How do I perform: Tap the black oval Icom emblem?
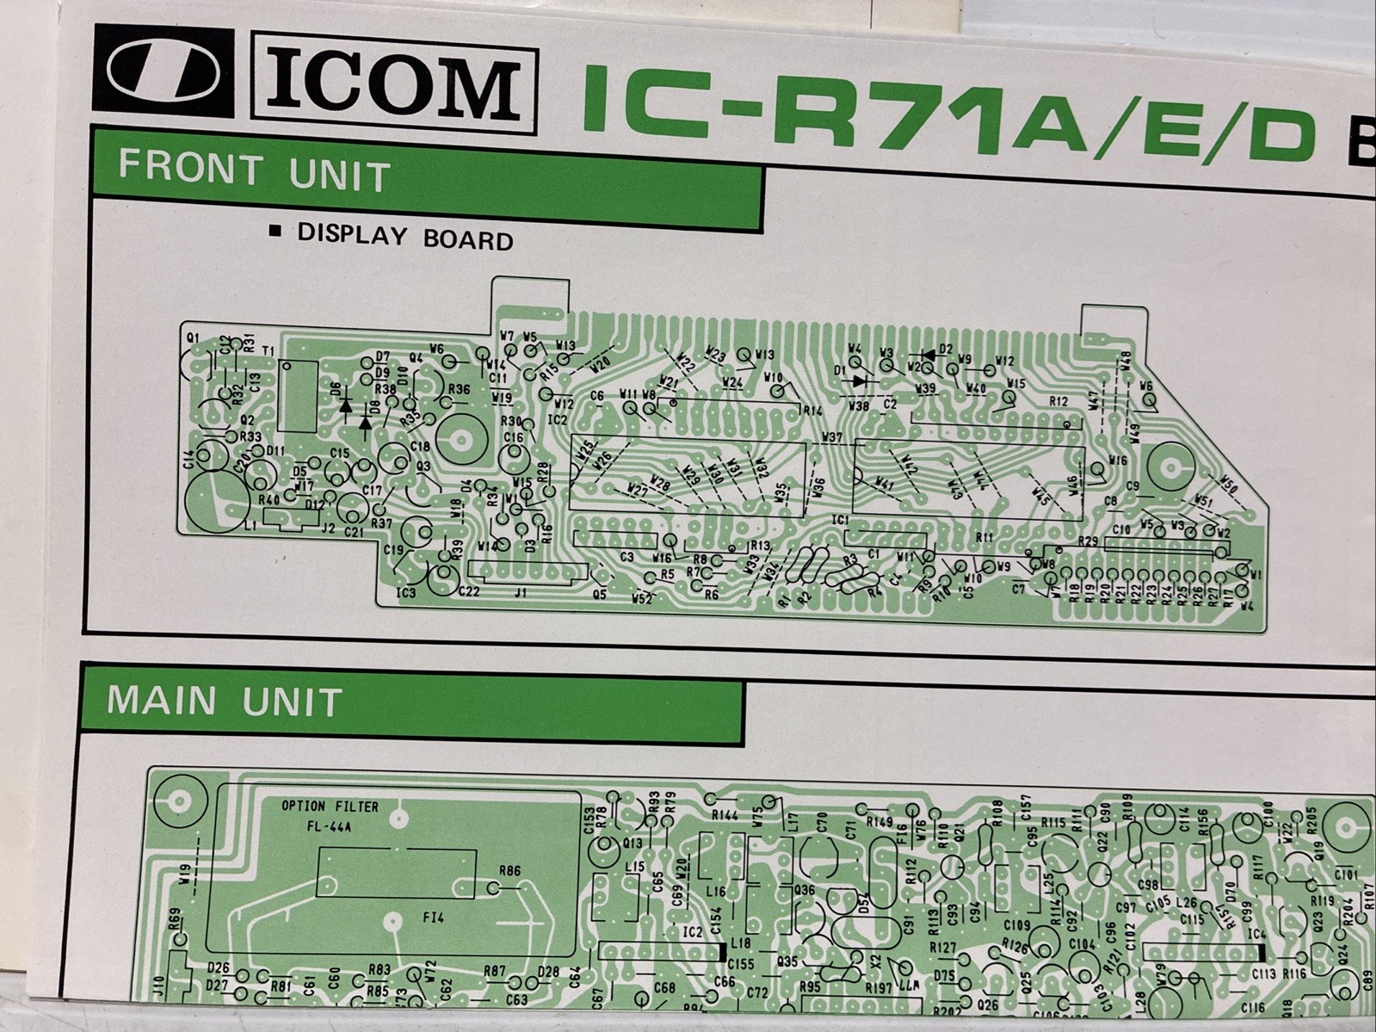tap(164, 72)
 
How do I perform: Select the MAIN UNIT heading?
tap(225, 701)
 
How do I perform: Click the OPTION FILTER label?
tap(330, 806)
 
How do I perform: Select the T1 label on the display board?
tap(268, 352)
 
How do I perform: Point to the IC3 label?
tap(406, 593)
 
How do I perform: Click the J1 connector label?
tap(520, 592)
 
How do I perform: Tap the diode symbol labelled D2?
tap(929, 353)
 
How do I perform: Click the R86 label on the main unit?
tap(509, 870)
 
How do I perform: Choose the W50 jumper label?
tap(1229, 486)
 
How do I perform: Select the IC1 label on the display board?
tap(840, 521)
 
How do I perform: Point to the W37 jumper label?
tap(832, 437)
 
